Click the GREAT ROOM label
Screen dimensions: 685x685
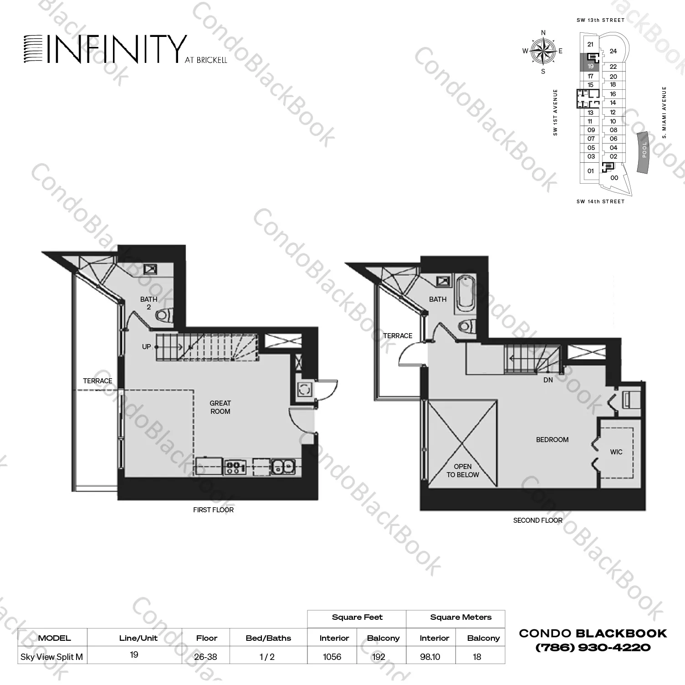coord(220,407)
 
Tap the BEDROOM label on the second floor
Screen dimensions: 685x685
coord(552,440)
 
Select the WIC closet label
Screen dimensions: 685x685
coord(616,452)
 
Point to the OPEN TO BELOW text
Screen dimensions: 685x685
coord(462,470)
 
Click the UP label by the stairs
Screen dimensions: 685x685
coord(146,347)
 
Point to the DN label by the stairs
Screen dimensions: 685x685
coord(548,380)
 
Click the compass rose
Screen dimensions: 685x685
coord(543,51)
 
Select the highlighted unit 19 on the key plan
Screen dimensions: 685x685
coord(590,66)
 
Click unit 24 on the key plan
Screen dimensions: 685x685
coord(613,51)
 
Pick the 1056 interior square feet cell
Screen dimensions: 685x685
coord(332,657)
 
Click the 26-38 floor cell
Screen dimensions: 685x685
coord(206,657)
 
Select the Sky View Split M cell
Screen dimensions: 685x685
coord(52,657)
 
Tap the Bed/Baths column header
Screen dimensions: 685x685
coord(268,638)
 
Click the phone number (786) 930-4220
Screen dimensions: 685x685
coord(593,648)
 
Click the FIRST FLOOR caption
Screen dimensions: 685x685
coord(213,510)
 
